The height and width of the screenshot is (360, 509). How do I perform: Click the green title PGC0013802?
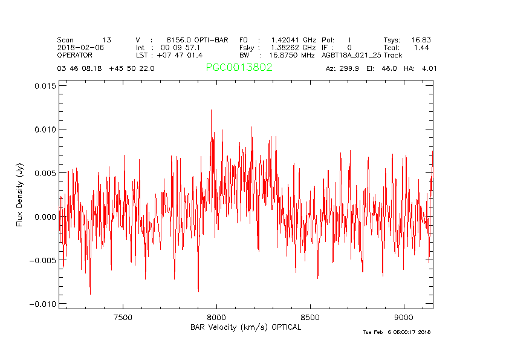point(239,68)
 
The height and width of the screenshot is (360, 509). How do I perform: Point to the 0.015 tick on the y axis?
point(45,86)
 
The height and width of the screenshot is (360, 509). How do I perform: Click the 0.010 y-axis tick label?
point(45,129)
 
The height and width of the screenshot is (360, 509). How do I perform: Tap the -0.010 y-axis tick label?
point(43,304)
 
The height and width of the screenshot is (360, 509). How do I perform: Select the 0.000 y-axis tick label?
point(45,217)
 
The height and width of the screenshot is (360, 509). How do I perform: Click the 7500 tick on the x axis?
point(123,317)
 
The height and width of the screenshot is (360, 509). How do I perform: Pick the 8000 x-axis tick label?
point(216,317)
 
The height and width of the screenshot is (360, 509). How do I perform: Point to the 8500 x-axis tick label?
point(310,317)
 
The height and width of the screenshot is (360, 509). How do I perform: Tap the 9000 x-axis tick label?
point(403,317)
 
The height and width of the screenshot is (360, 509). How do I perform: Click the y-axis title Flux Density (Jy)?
point(20,197)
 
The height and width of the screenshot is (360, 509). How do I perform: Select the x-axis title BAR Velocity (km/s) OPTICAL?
point(245,327)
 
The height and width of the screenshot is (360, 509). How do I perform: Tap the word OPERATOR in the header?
point(75,55)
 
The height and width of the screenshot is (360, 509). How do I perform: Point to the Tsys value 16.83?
point(421,39)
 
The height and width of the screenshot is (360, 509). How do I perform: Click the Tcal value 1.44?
point(421,47)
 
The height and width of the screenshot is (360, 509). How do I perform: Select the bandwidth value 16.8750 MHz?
point(292,55)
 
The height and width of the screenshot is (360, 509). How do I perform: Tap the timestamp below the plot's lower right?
point(397,332)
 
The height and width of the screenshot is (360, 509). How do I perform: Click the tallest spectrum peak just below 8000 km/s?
point(211,110)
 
